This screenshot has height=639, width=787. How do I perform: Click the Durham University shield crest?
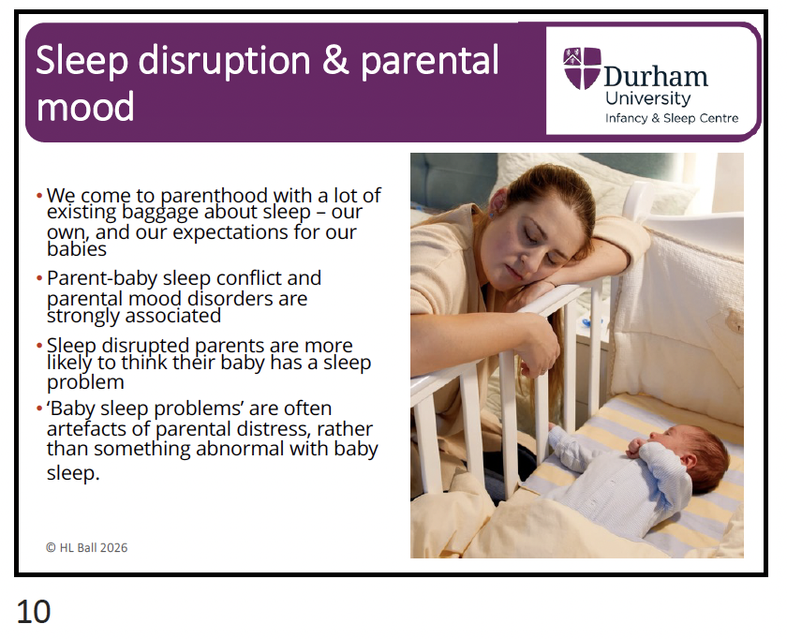coord(582,67)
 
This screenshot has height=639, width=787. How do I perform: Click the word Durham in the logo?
coord(656,77)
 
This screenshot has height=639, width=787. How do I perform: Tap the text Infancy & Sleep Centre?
coord(672,118)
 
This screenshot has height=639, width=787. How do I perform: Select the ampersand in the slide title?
coord(335,60)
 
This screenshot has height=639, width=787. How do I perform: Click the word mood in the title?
coord(85,107)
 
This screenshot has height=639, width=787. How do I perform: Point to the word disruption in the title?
coord(224,61)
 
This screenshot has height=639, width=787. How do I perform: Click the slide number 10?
coord(34,612)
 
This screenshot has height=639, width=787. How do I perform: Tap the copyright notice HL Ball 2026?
coord(87,547)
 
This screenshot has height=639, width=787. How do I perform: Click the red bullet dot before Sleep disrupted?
coord(39,346)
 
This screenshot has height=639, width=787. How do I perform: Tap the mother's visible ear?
coord(496,202)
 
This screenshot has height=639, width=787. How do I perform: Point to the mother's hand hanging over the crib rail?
coord(537,347)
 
